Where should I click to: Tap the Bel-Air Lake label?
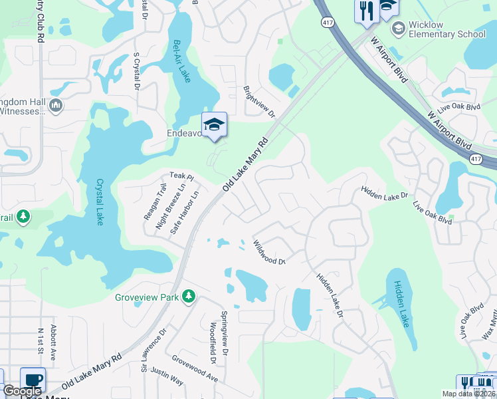pos(181,61)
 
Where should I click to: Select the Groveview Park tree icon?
pos(189,296)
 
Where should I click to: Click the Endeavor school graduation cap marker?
pos(214,124)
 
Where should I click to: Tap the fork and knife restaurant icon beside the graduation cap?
pos(365,9)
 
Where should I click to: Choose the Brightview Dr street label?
pos(259,101)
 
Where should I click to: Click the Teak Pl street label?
pos(181,177)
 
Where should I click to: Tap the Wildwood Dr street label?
pos(269,252)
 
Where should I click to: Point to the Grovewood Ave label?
pos(195,368)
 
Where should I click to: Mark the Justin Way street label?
pos(167,376)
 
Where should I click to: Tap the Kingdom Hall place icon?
pos(56,105)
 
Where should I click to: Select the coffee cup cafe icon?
pos(33,380)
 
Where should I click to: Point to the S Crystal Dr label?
pos(137,71)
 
